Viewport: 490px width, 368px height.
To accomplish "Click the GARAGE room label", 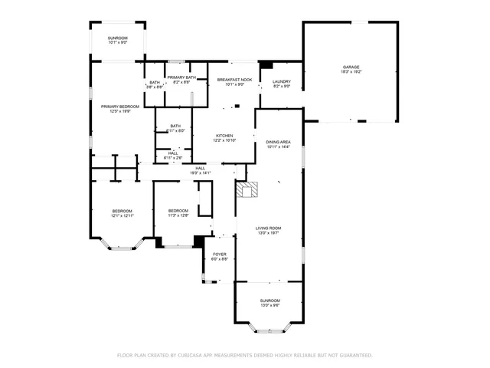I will [x=351, y=67].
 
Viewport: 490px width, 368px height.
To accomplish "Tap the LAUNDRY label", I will [x=281, y=81].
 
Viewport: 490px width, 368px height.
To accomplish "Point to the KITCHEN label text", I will [x=224, y=136].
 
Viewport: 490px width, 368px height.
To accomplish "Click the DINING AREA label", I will [x=278, y=142].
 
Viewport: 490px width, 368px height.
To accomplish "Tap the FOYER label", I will [x=220, y=254].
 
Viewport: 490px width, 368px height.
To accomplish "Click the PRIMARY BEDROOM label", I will [x=120, y=106].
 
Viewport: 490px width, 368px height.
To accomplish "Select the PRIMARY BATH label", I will [x=181, y=77].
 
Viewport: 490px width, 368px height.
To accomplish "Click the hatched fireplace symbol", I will [x=244, y=190].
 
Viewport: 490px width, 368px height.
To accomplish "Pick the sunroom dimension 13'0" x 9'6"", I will [x=269, y=305].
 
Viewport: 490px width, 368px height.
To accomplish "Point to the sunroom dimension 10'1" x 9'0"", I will [x=117, y=42].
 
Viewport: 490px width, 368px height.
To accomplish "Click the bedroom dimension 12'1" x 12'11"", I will [x=122, y=216].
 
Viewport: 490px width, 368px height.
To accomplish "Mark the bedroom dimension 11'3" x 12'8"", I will [x=178, y=215].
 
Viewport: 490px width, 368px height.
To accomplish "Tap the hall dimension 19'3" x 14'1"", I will [x=200, y=173].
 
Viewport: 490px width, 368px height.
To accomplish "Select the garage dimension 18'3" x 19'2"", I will [x=351, y=71].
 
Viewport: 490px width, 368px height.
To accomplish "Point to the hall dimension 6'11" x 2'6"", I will [x=174, y=158].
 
